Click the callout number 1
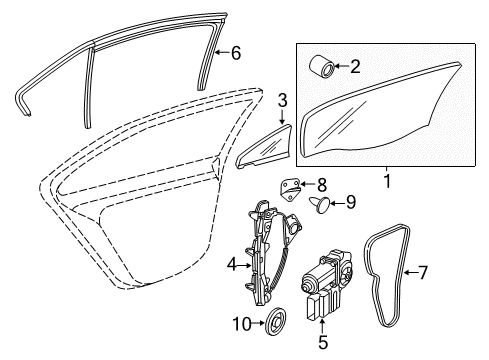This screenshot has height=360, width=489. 387,182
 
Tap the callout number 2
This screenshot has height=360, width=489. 355,66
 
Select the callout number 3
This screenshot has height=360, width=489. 282,100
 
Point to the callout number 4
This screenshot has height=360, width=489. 232,265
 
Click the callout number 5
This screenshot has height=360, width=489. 323,342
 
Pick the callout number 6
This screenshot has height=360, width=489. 236,53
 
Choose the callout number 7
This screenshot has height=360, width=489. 422,272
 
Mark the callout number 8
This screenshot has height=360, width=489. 322,184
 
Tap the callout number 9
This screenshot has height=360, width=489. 351,202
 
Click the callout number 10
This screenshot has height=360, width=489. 242,323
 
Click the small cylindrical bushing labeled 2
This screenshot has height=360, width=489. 322,66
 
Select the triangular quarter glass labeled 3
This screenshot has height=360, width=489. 264,147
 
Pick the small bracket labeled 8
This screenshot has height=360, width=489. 290,190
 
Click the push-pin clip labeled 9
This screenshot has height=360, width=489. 320,204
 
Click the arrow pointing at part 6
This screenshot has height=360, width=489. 222,52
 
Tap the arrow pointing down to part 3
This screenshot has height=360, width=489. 282,116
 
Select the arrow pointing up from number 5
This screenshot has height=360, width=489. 322,326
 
